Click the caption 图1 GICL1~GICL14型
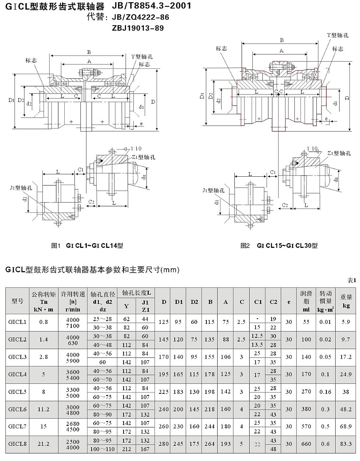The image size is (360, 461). [x=87, y=245]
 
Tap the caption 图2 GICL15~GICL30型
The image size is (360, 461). [x=279, y=245]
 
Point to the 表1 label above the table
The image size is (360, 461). [x=352, y=281]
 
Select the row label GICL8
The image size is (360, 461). [x=17, y=444]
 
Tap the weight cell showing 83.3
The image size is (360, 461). [x=346, y=444]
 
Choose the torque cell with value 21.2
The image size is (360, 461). [x=44, y=444]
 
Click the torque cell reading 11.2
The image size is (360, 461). [x=44, y=409]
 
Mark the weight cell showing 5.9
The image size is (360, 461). [x=346, y=321]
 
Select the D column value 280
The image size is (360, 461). [x=163, y=444]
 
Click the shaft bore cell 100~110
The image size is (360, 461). [x=104, y=449]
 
